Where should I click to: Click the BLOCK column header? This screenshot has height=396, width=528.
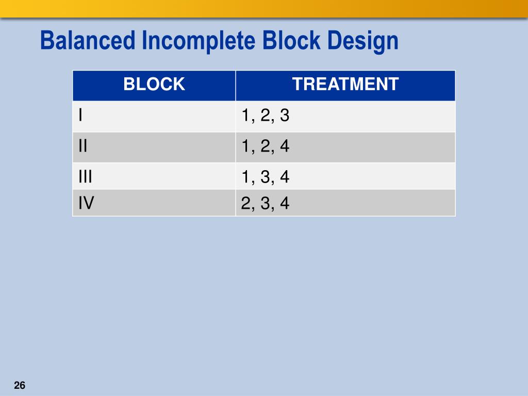click(x=154, y=84)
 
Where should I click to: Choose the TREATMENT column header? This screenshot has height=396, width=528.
click(x=345, y=84)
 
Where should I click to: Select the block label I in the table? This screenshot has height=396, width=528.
click(x=80, y=116)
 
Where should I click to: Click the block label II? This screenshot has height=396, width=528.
click(x=82, y=146)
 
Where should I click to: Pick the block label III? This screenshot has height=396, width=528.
click(x=85, y=177)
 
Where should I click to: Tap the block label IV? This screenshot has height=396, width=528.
click(x=86, y=204)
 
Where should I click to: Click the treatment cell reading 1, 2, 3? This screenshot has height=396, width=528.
click(x=265, y=116)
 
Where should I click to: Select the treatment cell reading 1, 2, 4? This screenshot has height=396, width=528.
click(x=265, y=147)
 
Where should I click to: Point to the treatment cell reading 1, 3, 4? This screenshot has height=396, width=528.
click(x=265, y=177)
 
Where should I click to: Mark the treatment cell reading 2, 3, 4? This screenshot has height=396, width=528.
click(x=265, y=204)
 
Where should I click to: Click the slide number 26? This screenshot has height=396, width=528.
click(x=20, y=386)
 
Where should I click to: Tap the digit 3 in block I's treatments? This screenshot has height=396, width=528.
click(x=284, y=116)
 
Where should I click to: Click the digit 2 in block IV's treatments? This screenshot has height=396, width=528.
click(x=246, y=204)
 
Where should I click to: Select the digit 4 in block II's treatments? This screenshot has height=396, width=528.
click(x=284, y=147)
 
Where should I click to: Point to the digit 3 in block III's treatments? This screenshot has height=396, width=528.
click(x=265, y=177)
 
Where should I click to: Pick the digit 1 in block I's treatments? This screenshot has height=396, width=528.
click(x=246, y=116)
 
